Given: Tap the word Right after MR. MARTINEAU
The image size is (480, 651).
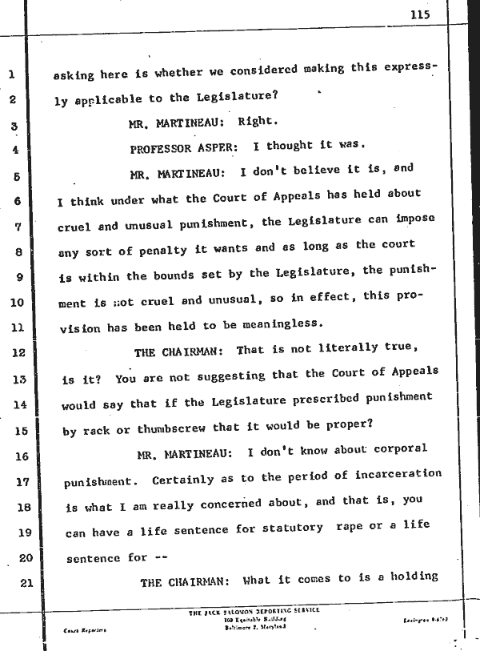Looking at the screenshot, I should coord(258,123).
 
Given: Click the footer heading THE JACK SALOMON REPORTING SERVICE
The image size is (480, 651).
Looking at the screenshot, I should coord(253,609).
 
